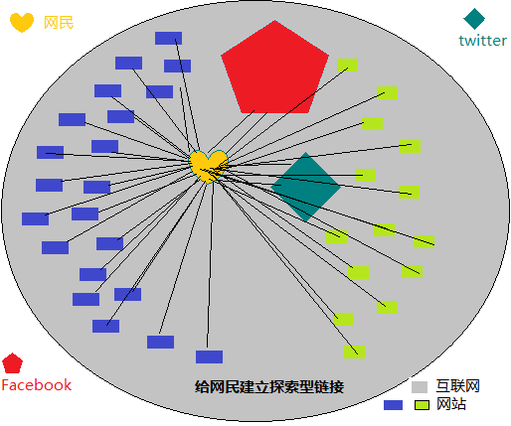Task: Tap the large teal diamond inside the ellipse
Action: click(x=305, y=187)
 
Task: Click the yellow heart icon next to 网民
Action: click(x=22, y=22)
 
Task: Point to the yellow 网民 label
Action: click(x=59, y=23)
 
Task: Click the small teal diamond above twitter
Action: click(x=474, y=19)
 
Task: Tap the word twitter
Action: click(x=483, y=41)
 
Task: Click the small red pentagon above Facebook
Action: click(x=12, y=363)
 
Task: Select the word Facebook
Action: click(x=37, y=385)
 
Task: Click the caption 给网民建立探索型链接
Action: click(x=269, y=386)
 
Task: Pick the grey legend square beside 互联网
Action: click(x=420, y=387)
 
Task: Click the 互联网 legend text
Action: click(x=458, y=386)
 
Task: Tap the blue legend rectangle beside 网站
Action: click(x=393, y=405)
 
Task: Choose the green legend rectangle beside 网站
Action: click(x=422, y=405)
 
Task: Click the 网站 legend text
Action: click(x=451, y=404)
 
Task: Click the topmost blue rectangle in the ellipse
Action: click(x=168, y=38)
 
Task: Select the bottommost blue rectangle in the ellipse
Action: click(x=209, y=356)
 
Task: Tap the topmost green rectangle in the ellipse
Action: click(x=347, y=65)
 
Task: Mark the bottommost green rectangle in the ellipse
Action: click(x=354, y=352)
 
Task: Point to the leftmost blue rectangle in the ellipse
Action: click(x=35, y=218)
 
